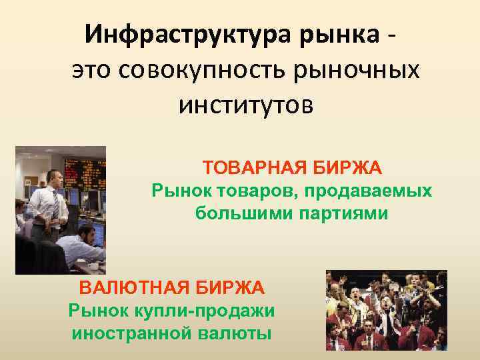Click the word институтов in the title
pyautogui.click(x=245, y=105)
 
